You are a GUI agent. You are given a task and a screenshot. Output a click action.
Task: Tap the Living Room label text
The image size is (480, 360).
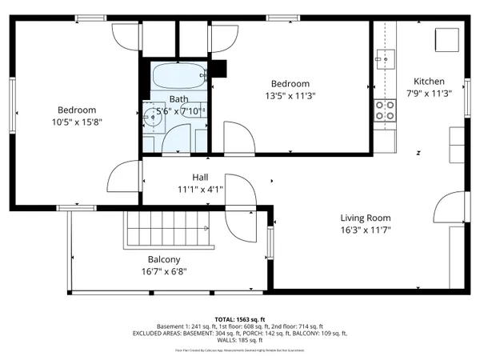click(x=365, y=218)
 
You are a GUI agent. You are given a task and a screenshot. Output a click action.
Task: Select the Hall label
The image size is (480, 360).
click(x=200, y=177)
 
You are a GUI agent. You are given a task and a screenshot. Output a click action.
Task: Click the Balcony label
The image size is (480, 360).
click(x=164, y=259)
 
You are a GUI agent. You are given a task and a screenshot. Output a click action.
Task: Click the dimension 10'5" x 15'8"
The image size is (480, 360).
click(x=77, y=122)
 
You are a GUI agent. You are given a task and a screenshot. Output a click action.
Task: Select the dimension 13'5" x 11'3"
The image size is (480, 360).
click(x=290, y=96)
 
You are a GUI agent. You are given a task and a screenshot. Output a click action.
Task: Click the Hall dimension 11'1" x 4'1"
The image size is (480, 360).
click(x=200, y=190)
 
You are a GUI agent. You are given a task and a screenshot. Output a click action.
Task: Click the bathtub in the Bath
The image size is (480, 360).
click(x=178, y=78)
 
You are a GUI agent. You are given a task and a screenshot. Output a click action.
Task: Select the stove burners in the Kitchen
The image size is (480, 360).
click(x=385, y=110)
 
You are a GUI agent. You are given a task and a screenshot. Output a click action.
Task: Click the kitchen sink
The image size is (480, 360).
click(x=385, y=58)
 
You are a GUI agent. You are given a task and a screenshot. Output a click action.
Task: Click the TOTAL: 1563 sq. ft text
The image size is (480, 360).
click(x=240, y=319)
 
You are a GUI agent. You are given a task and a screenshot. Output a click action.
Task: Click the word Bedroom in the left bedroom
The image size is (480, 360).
click(x=77, y=110)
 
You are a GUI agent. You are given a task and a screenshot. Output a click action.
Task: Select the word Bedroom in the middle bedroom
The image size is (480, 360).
click(x=290, y=84)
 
